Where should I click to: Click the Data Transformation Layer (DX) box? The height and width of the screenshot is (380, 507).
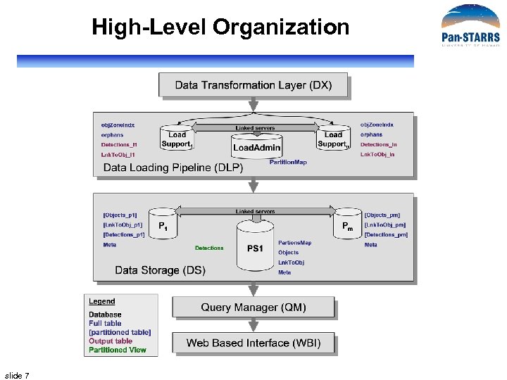254,85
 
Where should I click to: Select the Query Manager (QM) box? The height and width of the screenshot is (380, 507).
254,308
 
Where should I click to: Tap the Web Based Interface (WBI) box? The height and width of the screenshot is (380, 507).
254,343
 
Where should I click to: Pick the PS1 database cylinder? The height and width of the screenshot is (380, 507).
255,246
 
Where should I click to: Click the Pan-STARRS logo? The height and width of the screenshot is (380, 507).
470,27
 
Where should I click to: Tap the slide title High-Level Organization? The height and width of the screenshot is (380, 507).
220,27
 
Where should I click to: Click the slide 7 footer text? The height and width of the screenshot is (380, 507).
17,375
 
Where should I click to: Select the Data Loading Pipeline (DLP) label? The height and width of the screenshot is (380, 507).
173,167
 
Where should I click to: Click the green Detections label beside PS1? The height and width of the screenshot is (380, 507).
209,248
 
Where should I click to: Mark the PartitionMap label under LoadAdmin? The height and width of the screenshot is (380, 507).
288,162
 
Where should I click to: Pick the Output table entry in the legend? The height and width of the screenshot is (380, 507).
111,341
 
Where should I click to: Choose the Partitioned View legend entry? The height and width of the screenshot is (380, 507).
118,350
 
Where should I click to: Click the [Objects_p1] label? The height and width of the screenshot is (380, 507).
120,215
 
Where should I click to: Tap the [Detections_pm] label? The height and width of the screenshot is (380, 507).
386,234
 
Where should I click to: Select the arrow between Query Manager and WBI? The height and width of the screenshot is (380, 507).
254,325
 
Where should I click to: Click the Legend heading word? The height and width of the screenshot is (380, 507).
102,302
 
